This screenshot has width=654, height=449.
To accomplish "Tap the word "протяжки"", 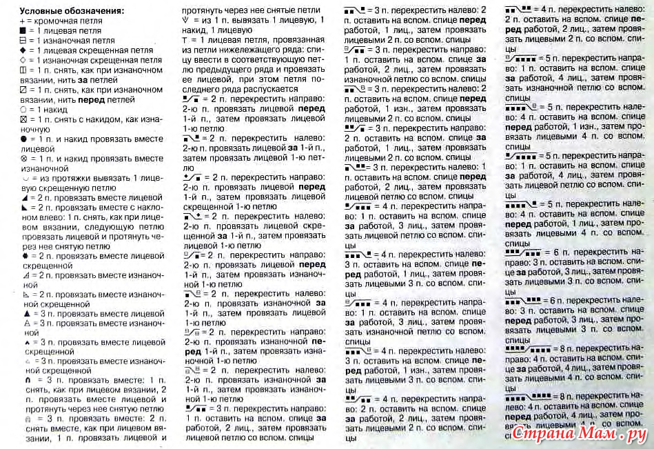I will click(54, 178).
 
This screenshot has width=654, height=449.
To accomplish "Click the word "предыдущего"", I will click(227, 70).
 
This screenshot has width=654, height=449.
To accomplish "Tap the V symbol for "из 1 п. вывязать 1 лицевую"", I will click(185, 21).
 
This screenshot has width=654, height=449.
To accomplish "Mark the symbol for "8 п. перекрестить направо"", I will click(529, 349).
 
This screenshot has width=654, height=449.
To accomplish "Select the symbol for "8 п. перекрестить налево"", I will click(529, 396).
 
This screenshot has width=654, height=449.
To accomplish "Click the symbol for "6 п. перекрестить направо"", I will click(523, 254).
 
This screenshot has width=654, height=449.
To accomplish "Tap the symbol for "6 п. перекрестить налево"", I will click(523, 301).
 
